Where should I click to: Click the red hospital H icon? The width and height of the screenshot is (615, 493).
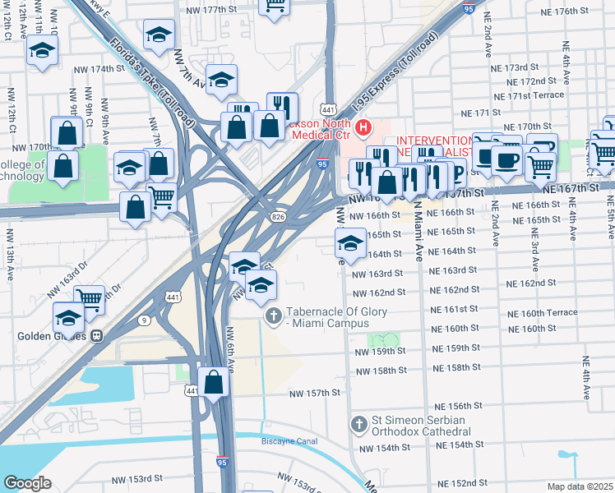(x=363, y=129)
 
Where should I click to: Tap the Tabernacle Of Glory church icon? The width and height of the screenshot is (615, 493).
(x=273, y=316)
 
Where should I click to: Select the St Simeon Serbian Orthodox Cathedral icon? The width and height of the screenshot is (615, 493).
(x=358, y=425)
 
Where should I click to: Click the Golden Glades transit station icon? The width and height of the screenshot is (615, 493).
(x=97, y=336)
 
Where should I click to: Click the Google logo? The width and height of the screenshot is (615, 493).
(x=27, y=483)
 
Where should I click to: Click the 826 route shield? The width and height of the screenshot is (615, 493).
(x=280, y=214)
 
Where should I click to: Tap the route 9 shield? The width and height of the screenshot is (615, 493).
(x=144, y=320)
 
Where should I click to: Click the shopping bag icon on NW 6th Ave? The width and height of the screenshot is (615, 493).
(x=214, y=382)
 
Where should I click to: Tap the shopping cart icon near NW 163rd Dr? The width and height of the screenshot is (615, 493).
(x=89, y=300)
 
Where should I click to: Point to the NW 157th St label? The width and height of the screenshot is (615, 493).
(x=314, y=394)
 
